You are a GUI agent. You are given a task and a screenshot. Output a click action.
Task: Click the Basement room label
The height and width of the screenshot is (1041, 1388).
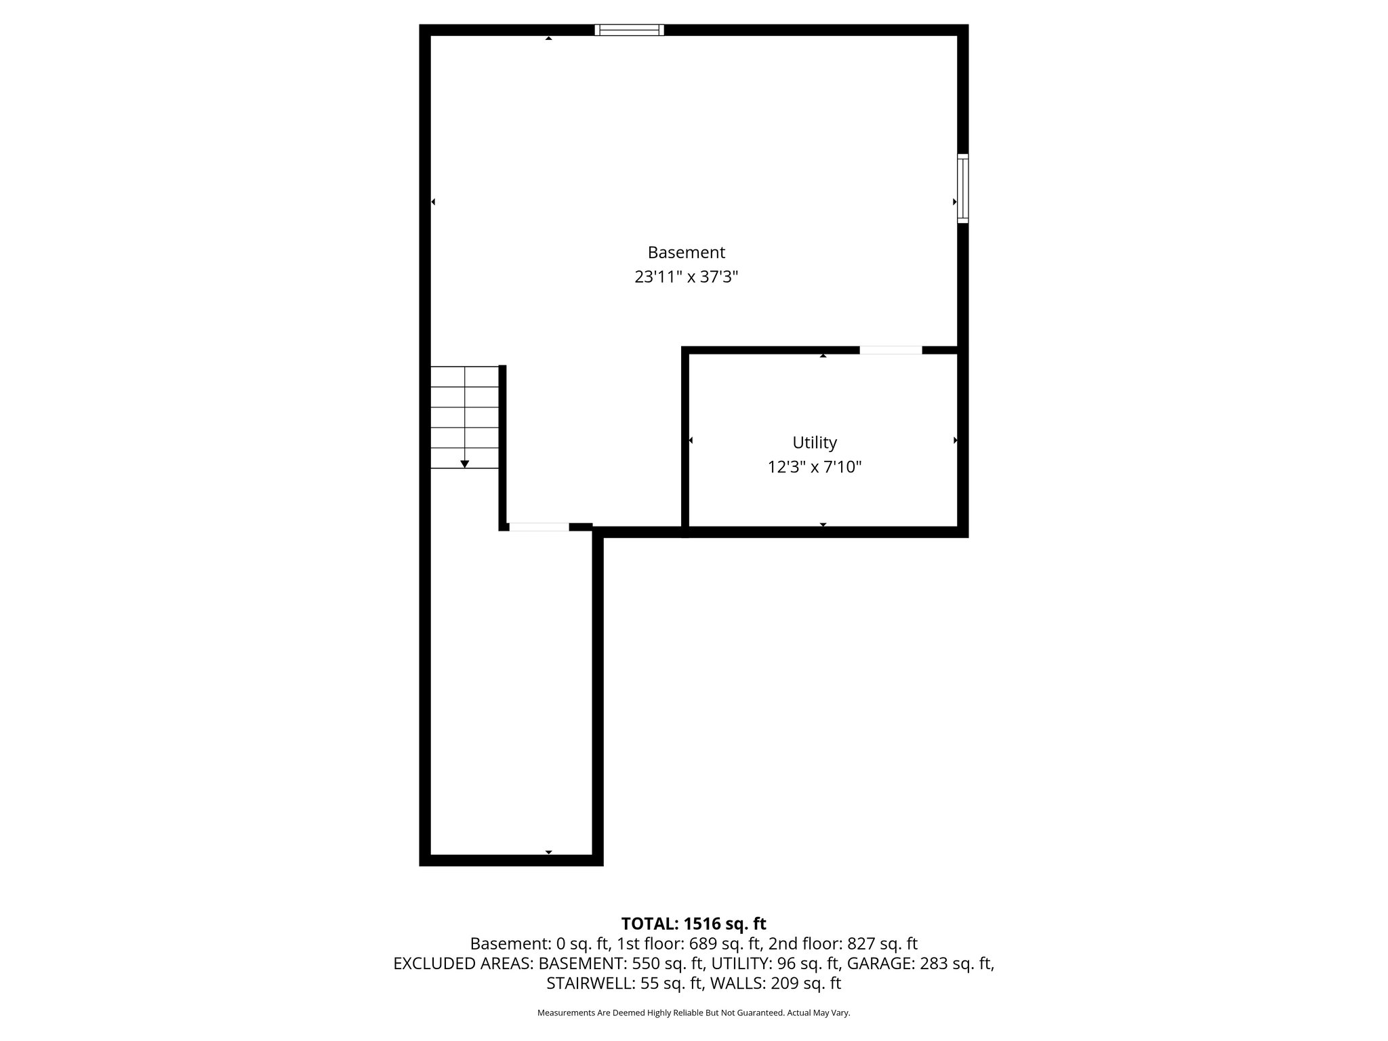(x=686, y=252)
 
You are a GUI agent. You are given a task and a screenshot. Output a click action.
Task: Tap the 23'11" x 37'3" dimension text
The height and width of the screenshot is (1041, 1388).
(x=686, y=277)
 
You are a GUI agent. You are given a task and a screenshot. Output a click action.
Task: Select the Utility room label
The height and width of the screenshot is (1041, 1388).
(x=815, y=443)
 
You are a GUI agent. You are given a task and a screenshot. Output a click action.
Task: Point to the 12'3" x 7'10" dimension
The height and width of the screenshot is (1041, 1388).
(x=815, y=467)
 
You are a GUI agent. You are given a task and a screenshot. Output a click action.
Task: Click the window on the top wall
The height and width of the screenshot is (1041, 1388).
(x=629, y=30)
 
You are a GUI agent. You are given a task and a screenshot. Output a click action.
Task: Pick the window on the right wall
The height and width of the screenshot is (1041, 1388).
(x=962, y=188)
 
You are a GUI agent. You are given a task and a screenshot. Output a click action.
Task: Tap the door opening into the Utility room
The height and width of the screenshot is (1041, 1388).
(x=891, y=350)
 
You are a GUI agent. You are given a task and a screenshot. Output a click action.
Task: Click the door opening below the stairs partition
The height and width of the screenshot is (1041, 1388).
(x=539, y=527)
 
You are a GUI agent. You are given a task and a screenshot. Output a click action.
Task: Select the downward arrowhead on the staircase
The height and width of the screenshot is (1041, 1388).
(x=465, y=464)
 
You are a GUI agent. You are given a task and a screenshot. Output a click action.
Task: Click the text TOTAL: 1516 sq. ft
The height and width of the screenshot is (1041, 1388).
(x=693, y=924)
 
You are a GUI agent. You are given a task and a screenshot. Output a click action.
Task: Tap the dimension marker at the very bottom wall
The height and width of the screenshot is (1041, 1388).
(x=548, y=852)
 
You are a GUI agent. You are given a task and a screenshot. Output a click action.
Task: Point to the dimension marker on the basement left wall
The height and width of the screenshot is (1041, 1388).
(x=433, y=202)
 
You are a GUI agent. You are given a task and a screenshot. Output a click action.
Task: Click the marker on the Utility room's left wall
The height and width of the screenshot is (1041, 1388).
(x=691, y=441)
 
